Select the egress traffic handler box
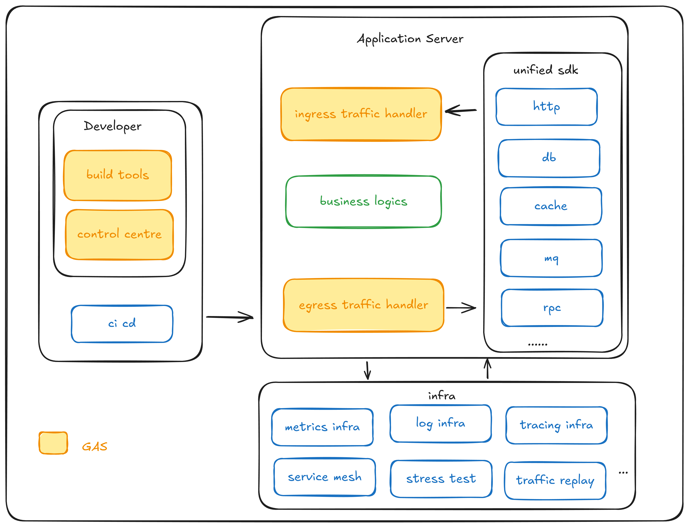tap(363, 305)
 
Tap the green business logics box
tap(363, 201)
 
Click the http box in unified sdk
tap(546, 107)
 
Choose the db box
tap(549, 158)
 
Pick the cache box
tap(551, 206)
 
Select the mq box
tap(551, 258)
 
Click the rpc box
tap(552, 308)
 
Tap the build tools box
tap(118, 175)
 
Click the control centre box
tap(119, 234)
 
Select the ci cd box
tap(122, 323)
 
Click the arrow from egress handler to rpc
tap(461, 308)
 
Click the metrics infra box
tap(322, 427)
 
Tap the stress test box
tap(441, 479)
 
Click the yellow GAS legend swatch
tap(53, 443)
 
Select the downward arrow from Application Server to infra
tap(368, 371)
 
